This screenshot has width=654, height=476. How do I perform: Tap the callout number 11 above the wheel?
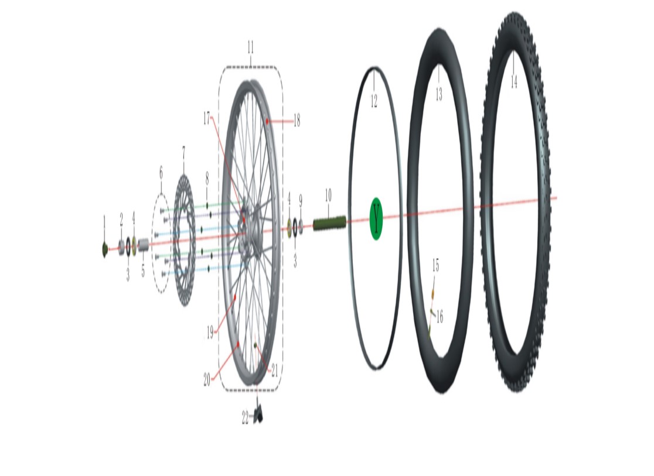[x=250, y=47]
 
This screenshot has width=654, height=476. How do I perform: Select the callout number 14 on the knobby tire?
[x=514, y=81]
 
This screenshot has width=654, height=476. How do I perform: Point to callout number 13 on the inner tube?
[x=439, y=94]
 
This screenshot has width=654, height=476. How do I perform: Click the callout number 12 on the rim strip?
[x=374, y=101]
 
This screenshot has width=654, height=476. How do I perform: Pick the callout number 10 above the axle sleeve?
[x=328, y=195]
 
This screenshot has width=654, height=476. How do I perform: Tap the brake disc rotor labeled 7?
[x=184, y=241]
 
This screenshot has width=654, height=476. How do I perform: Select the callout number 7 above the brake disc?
[x=183, y=152]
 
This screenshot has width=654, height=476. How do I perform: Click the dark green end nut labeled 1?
[x=105, y=249]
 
